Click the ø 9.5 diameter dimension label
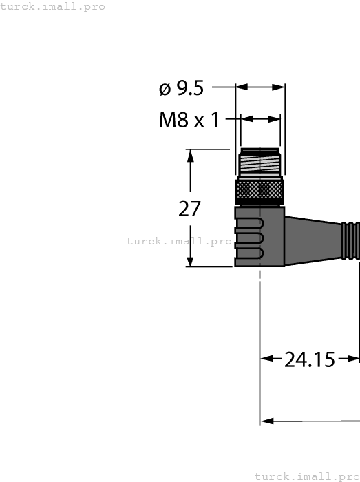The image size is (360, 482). click(182, 88)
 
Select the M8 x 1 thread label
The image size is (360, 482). click(189, 120)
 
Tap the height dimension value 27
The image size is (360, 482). click(189, 209)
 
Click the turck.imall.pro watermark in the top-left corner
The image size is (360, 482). click(53, 6)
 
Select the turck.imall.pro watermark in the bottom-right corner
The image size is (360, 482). click(307, 476)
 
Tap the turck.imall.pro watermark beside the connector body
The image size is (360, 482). click(180, 241)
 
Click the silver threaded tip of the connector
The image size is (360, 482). click(260, 163)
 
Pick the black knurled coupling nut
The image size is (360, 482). click(260, 189)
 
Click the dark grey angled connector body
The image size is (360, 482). click(260, 236)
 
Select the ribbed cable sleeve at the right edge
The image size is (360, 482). click(351, 240)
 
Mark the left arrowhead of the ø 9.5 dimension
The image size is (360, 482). click(242, 87)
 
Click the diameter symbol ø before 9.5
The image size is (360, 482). click(165, 89)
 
